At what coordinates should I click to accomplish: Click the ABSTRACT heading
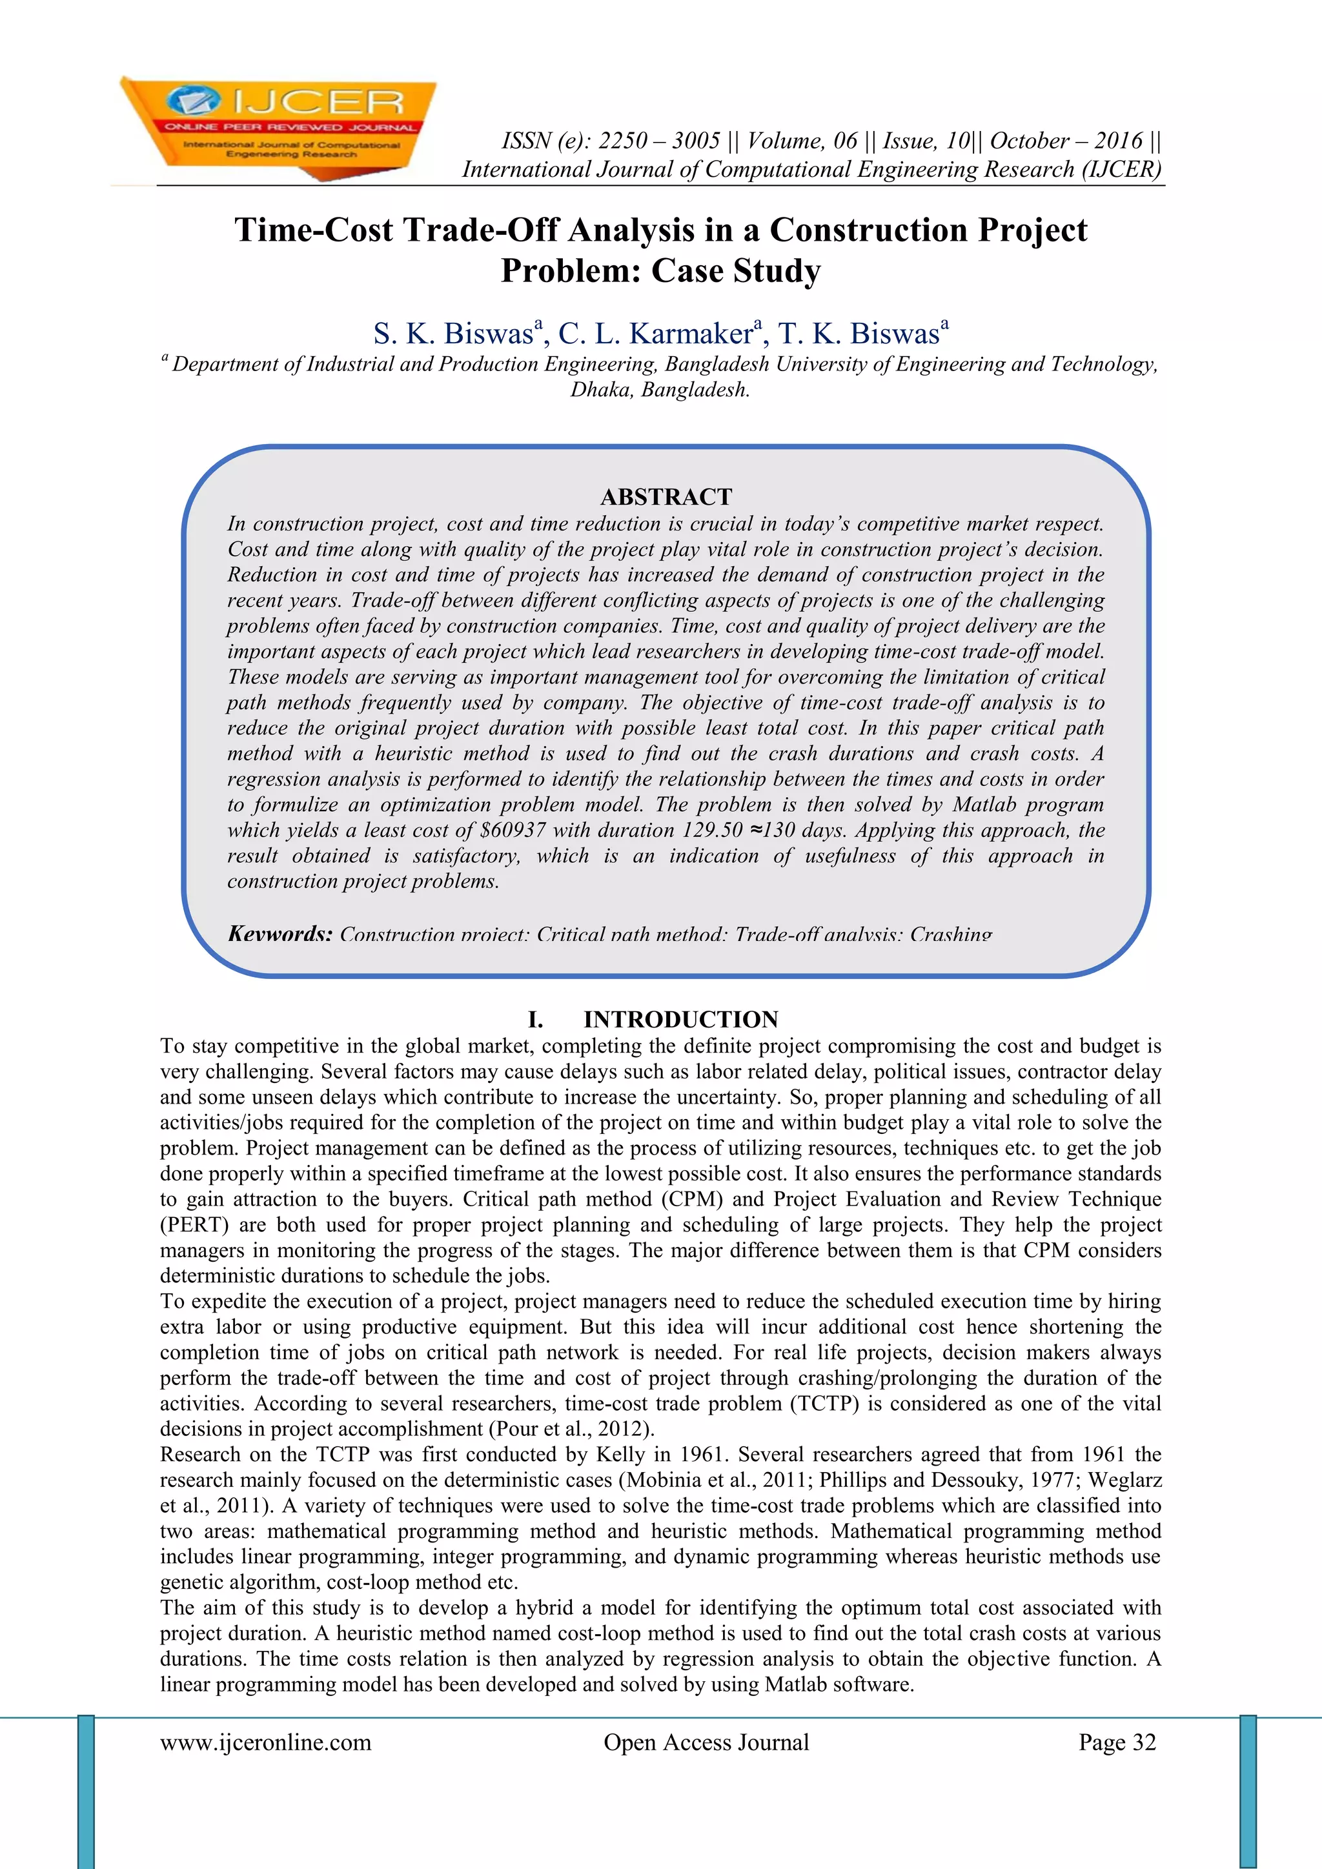[666, 496]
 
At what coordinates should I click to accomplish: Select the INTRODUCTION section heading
[680, 1019]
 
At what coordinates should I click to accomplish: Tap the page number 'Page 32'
[1117, 1742]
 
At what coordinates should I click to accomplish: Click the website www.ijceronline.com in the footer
[265, 1742]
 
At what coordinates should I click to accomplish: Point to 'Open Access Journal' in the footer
[706, 1742]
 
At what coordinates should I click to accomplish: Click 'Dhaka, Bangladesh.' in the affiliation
[659, 390]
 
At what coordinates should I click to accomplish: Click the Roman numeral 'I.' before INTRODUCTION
[536, 1019]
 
